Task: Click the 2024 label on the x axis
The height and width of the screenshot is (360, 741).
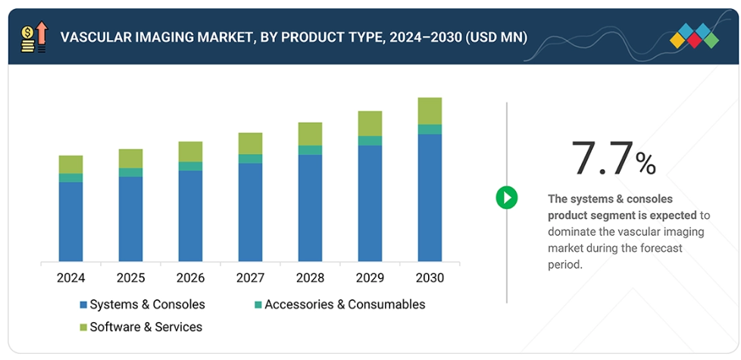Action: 70,278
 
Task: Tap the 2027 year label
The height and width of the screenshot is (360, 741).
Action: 250,278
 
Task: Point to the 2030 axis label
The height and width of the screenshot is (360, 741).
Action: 430,278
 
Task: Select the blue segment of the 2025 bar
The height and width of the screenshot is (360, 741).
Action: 130,219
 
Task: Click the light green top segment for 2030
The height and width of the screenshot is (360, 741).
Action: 430,111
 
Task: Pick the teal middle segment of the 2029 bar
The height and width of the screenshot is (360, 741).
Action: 370,141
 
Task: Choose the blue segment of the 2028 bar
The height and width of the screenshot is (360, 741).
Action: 310,208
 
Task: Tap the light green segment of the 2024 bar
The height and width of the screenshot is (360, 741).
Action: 70,164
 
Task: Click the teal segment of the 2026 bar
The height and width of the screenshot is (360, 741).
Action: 190,167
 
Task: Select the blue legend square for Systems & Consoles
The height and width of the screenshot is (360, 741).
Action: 83,305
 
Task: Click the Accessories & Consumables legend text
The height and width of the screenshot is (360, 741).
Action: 345,305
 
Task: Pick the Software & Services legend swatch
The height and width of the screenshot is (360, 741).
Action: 83,328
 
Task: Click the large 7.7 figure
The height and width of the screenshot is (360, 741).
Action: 602,158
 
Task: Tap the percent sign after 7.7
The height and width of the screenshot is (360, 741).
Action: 646,163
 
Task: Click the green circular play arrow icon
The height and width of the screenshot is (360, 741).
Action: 506,199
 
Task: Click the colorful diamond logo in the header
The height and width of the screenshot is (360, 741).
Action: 694,36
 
